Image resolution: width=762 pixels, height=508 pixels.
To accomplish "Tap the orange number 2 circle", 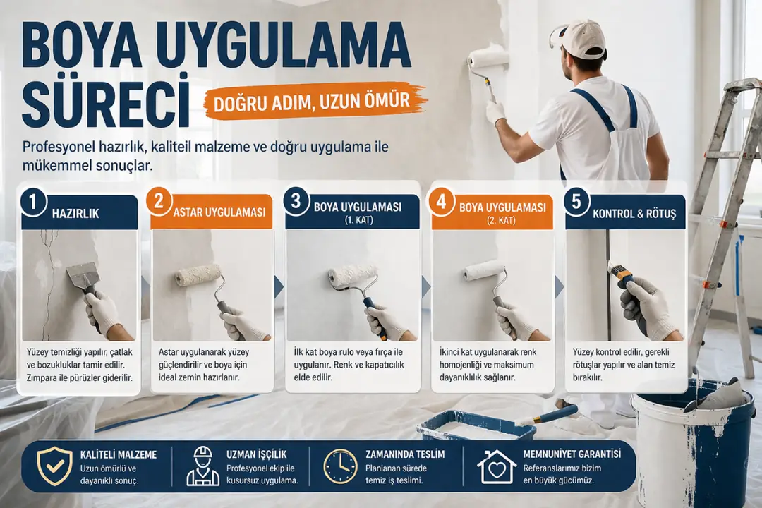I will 158,201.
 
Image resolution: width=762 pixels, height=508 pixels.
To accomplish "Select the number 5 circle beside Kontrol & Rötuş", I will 576,202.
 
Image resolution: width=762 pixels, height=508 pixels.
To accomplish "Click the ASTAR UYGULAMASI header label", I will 219,212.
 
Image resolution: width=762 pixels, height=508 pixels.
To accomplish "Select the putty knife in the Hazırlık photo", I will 83,278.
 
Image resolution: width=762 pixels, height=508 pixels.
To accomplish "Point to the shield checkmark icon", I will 54,466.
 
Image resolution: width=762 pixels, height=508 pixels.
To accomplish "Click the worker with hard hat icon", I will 202,466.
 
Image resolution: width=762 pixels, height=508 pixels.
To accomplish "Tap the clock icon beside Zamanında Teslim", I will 340,466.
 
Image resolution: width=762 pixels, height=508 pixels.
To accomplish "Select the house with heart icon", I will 497,466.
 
